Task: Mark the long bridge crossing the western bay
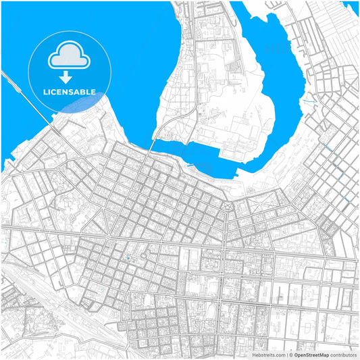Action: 27,98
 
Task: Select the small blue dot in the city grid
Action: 128,257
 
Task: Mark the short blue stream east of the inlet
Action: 309,101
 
